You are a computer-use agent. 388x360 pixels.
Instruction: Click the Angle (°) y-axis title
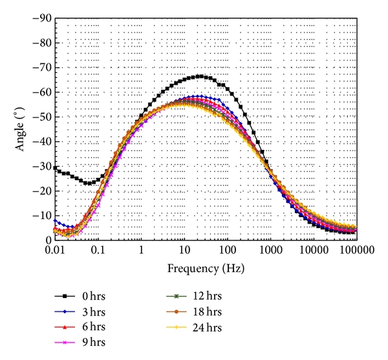point(21,129)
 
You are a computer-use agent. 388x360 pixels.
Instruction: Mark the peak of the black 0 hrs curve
point(200,76)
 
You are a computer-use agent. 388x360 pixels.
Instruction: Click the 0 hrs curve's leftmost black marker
point(55,167)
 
